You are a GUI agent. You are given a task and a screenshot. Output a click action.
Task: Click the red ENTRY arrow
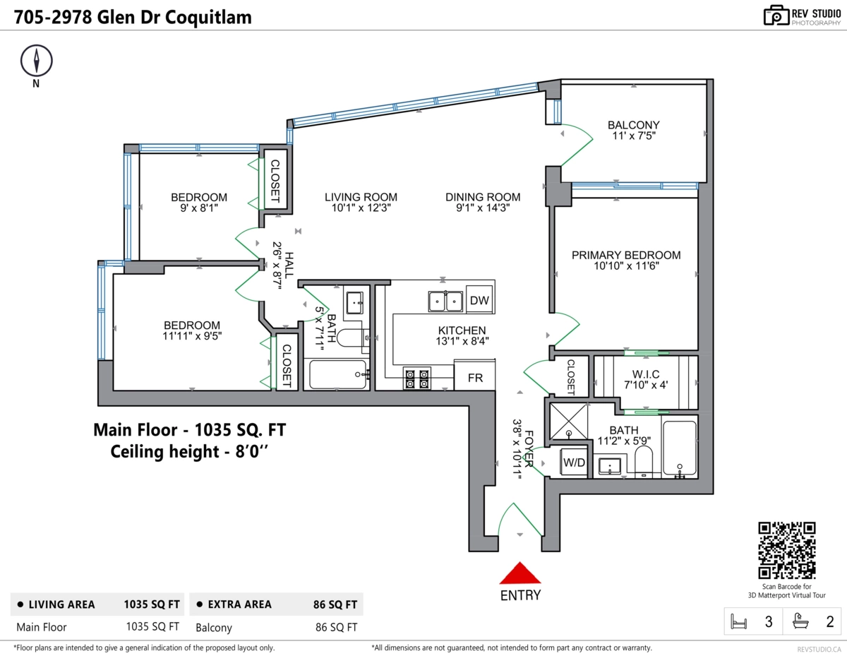point(520,573)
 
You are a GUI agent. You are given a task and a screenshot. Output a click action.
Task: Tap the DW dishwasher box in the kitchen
point(479,301)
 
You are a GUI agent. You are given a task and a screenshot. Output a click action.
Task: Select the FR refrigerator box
point(475,378)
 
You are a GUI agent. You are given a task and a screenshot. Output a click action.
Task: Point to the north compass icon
point(35,61)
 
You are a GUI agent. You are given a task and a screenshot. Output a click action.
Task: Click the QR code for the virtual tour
point(786,550)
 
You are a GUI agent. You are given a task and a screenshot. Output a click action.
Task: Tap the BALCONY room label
point(633,126)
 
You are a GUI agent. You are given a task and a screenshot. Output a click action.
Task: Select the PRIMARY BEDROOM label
point(626,255)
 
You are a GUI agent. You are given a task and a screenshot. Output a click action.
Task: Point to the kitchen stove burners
point(416,378)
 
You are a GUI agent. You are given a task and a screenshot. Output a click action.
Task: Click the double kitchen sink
point(445,302)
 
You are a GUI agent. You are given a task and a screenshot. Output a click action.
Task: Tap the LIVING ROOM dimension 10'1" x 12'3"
point(361,208)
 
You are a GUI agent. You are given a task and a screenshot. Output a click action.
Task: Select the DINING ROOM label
point(483,197)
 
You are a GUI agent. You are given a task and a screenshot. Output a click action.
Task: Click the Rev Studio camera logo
point(776,15)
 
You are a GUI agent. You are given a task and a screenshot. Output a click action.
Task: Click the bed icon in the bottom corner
point(739,622)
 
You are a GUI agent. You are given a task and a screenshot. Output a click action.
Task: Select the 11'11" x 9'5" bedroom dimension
point(192,337)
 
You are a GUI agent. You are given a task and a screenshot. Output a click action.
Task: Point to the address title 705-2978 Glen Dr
point(133,17)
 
